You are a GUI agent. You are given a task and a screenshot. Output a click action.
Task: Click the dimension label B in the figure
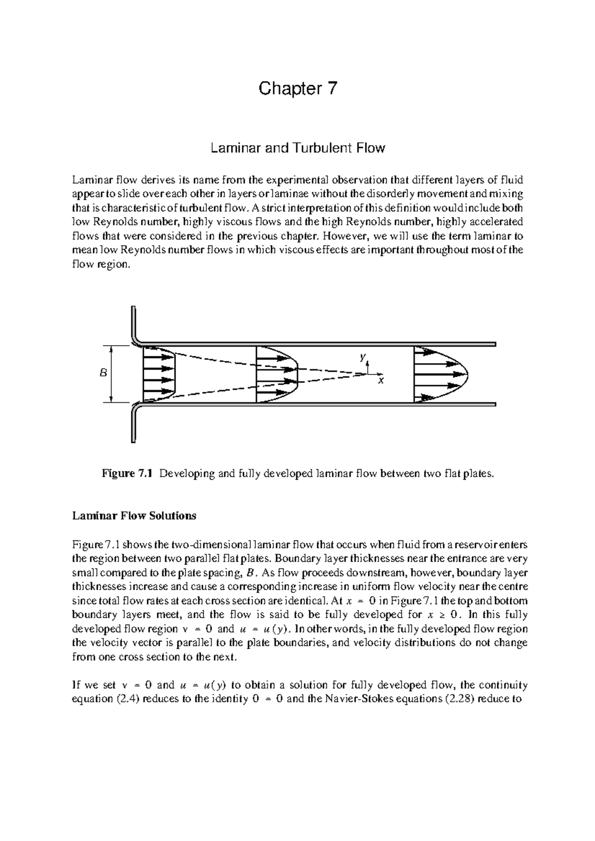[x=103, y=373]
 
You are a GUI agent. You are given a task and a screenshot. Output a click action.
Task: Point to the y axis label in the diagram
[x=363, y=357]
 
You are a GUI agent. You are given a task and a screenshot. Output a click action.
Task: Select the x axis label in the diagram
[x=381, y=381]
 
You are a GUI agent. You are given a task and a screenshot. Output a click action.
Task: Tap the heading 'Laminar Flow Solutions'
[x=134, y=516]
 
